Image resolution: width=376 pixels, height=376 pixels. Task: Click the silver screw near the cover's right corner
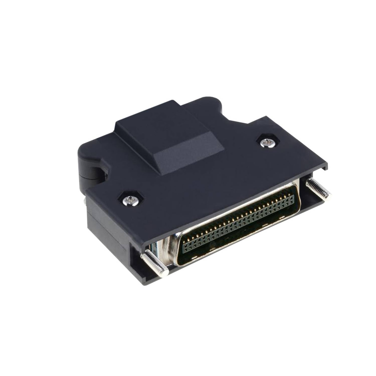point(265,143)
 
